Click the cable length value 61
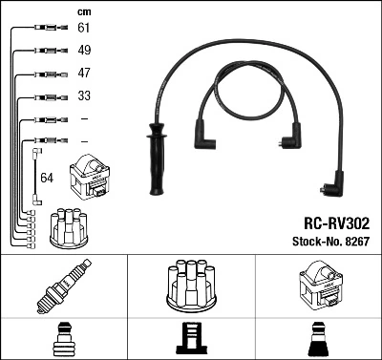click(x=84, y=30)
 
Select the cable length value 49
click(x=84, y=51)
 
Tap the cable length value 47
click(x=84, y=74)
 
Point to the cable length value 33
click(x=84, y=96)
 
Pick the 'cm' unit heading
click(x=83, y=11)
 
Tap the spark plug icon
click(x=63, y=286)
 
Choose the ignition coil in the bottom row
click(x=318, y=286)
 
